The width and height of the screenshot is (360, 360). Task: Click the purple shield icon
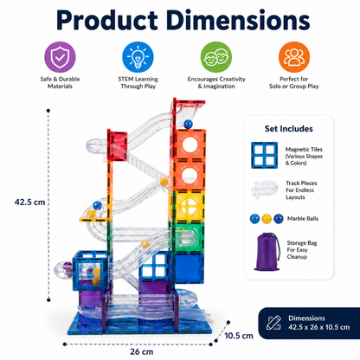click(x=60, y=57)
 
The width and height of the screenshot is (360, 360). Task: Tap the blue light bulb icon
click(x=138, y=57)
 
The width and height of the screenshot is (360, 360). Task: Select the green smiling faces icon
click(x=216, y=57)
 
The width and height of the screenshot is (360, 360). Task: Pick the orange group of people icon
click(x=294, y=57)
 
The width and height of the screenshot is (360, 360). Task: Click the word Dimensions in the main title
click(x=238, y=20)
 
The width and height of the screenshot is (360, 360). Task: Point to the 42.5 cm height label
click(x=29, y=202)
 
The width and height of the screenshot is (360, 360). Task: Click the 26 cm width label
click(x=142, y=352)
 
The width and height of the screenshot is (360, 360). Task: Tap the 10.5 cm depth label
click(x=239, y=336)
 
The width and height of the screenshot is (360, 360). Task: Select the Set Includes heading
click(x=289, y=129)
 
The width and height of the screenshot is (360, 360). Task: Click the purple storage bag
click(x=267, y=252)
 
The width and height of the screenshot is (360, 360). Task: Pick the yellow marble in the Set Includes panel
click(x=267, y=219)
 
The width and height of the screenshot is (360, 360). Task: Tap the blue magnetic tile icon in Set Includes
click(x=265, y=155)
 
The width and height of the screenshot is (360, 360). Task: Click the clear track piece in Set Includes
click(x=265, y=190)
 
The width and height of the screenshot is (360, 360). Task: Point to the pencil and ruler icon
click(x=273, y=323)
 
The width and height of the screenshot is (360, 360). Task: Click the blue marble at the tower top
click(x=188, y=125)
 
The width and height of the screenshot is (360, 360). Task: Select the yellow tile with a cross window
click(x=189, y=206)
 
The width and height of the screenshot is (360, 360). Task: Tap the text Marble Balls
click(x=303, y=219)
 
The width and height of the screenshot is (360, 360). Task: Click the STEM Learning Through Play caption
click(x=138, y=82)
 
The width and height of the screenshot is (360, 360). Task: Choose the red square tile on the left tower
click(x=118, y=145)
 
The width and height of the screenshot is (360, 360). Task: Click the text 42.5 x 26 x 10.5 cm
click(x=319, y=327)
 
